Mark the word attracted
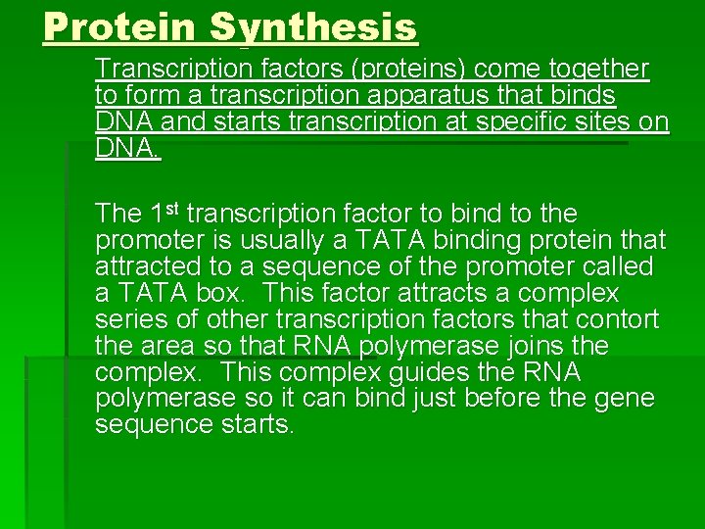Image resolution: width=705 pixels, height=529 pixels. [145, 266]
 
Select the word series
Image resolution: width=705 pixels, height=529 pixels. [128, 319]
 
